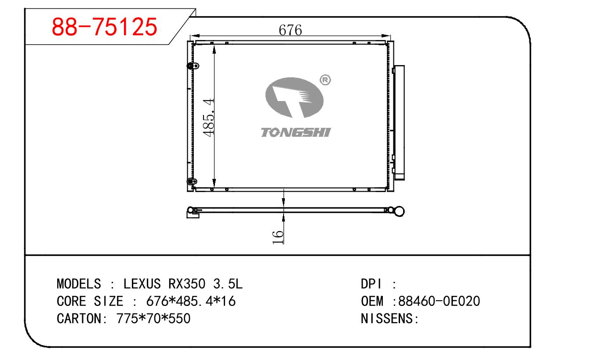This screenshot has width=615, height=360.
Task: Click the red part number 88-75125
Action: (x=104, y=27)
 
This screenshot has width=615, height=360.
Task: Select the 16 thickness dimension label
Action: (x=277, y=237)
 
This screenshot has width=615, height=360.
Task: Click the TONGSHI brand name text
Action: (x=295, y=132)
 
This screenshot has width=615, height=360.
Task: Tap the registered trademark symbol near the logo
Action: (x=325, y=80)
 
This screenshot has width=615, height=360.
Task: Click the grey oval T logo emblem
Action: (x=295, y=98)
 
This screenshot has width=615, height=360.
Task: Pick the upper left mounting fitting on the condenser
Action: (x=193, y=66)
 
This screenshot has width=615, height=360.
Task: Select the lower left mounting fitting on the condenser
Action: (x=192, y=182)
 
